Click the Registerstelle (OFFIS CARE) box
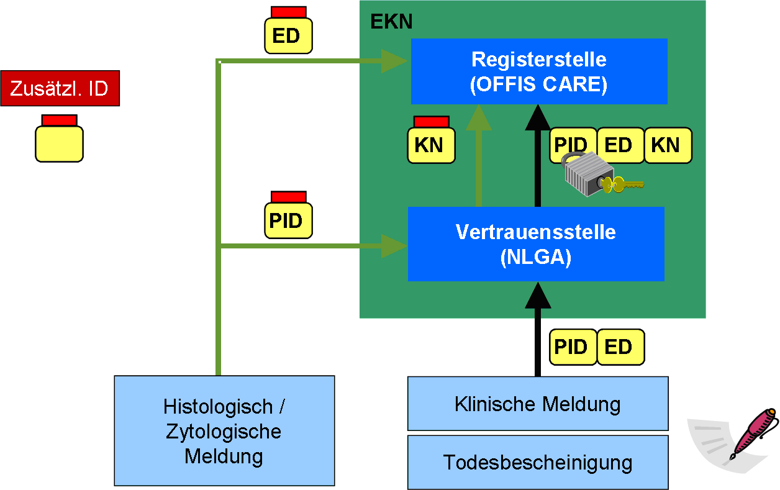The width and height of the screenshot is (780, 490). tap(538, 71)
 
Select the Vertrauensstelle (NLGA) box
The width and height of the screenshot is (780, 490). tap(535, 244)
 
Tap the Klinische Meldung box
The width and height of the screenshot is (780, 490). tap(537, 404)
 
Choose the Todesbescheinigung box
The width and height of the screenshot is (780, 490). tap(537, 462)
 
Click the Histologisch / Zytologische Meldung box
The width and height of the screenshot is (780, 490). tap(224, 431)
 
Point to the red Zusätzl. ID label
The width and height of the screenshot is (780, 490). tap(60, 89)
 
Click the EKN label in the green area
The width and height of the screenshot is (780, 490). tap(391, 22)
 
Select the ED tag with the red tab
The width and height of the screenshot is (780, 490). tap(288, 35)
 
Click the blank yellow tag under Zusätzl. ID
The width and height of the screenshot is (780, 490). tap(59, 143)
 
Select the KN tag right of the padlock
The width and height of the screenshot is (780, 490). tap(668, 145)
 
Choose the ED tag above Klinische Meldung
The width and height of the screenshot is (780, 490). tap(620, 347)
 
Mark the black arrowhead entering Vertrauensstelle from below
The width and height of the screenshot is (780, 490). tap(537, 295)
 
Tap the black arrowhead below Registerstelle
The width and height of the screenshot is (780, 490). tap(537, 117)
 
